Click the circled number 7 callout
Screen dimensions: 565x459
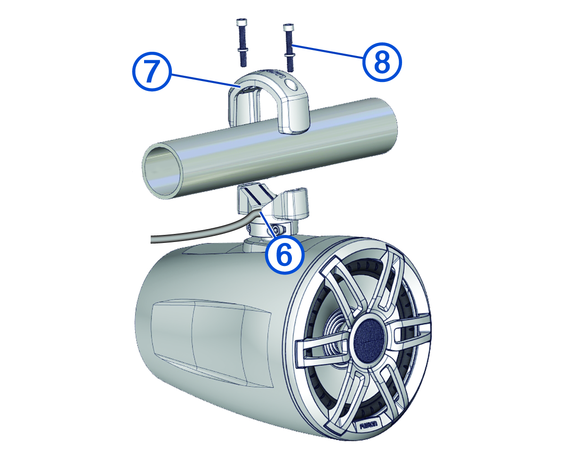(152, 72)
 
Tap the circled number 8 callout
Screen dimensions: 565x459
(382, 62)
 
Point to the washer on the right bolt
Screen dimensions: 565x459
(290, 55)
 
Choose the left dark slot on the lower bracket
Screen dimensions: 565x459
(252, 198)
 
